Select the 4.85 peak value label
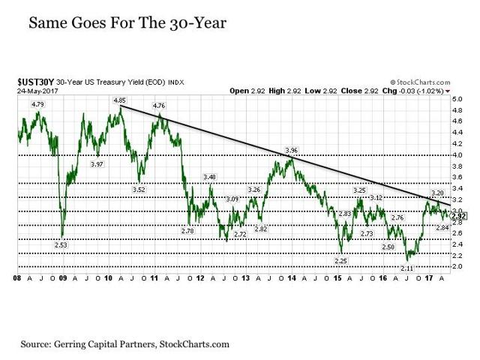119,100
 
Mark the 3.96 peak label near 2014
292,150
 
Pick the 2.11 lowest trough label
406,268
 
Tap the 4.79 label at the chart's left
39,103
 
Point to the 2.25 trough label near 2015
339,259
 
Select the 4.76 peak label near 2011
159,106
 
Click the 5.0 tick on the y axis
457,98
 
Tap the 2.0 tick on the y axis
457,266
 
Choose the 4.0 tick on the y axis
457,154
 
